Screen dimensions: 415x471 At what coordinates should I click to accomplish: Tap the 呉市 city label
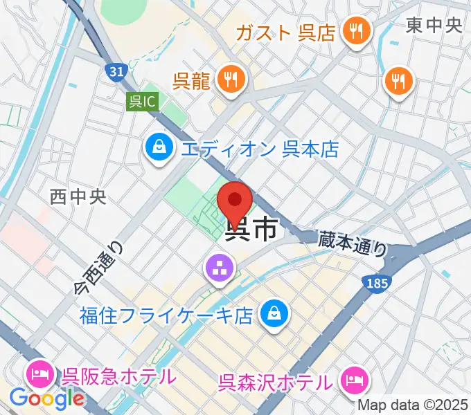click(254, 228)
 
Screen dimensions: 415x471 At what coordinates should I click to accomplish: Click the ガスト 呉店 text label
click(285, 33)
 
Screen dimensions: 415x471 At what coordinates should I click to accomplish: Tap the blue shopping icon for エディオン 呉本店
click(159, 148)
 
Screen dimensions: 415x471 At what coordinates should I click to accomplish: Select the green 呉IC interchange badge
click(143, 102)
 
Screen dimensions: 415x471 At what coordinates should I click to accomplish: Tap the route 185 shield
click(378, 282)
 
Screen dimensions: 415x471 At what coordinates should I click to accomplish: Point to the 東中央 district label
click(434, 26)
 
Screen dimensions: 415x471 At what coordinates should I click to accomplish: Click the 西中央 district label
click(78, 197)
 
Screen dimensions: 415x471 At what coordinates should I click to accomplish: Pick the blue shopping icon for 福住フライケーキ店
click(275, 315)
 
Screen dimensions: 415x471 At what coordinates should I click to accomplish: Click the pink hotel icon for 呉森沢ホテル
click(355, 380)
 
